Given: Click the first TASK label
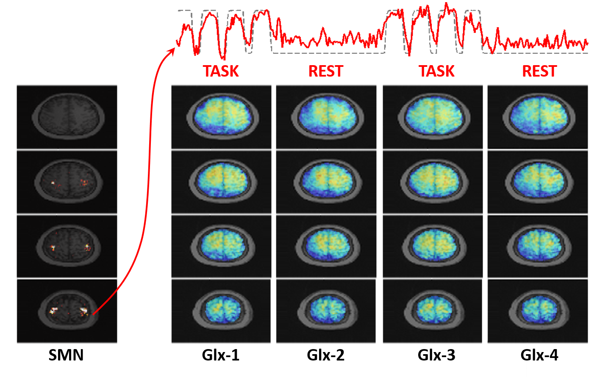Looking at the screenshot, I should tap(221, 72).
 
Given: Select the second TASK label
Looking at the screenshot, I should tap(437, 72).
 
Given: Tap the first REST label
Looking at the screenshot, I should tap(325, 72).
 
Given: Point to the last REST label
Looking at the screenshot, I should tap(539, 72).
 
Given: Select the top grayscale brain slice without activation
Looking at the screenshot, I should tap(66, 117).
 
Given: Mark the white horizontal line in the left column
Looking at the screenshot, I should tap(67, 278).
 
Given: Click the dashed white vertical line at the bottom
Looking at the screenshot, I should tap(527, 360).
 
